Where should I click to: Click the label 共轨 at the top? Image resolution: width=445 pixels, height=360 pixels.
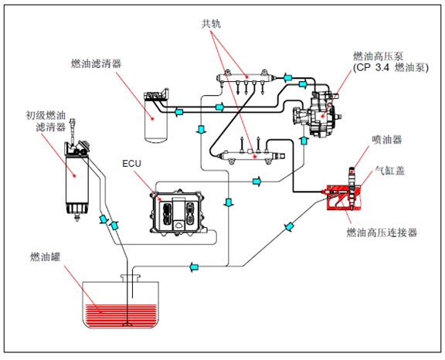tap(211, 24)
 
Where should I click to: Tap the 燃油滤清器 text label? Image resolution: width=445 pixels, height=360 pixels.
tap(97, 63)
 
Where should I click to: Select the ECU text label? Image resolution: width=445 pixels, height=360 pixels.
tap(131, 164)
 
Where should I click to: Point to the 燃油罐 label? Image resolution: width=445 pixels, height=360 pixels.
tap(46, 257)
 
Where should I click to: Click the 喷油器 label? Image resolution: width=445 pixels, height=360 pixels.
tap(387, 140)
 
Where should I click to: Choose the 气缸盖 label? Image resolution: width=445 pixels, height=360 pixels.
tap(389, 171)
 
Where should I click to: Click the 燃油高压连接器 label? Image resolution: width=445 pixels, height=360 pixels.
tap(382, 233)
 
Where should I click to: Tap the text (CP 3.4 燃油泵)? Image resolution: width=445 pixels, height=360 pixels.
tap(391, 68)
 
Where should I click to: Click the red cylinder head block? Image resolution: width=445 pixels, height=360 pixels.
tap(345, 198)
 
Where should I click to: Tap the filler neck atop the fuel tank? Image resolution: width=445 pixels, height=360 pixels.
tap(131, 278)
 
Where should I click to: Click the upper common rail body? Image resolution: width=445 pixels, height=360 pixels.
tap(246, 77)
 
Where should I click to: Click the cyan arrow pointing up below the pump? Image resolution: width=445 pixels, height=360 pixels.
tap(304, 141)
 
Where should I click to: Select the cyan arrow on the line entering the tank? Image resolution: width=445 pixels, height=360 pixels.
tap(194, 267)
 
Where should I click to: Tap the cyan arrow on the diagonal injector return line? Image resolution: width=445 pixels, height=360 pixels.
tap(289, 227)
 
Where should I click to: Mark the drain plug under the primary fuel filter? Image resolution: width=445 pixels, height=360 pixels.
tap(76, 218)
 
